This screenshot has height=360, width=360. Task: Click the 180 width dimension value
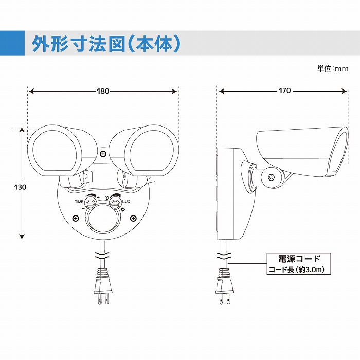click(x=103, y=92)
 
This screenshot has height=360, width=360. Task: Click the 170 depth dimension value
click(x=285, y=91)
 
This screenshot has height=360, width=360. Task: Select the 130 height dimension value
click(x=20, y=187)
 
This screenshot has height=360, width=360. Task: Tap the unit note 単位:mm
click(x=333, y=68)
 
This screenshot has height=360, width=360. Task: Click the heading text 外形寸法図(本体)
click(x=106, y=44)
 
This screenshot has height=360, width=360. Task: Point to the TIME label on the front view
click(x=79, y=202)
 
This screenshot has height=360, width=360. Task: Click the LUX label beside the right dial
click(x=126, y=202)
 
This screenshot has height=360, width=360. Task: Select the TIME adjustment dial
click(x=90, y=204)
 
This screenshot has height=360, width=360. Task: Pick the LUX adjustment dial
click(x=114, y=204)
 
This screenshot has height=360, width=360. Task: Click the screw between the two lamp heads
click(x=103, y=154)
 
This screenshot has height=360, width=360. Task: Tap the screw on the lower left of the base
click(x=76, y=219)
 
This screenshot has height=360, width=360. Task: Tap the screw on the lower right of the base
click(x=133, y=219)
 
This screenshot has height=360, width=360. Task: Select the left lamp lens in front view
click(x=55, y=151)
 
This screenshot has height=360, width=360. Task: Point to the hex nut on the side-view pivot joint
click(x=272, y=177)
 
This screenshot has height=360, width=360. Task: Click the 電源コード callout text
click(x=299, y=259)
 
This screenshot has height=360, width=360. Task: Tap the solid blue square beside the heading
click(x=12, y=43)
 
